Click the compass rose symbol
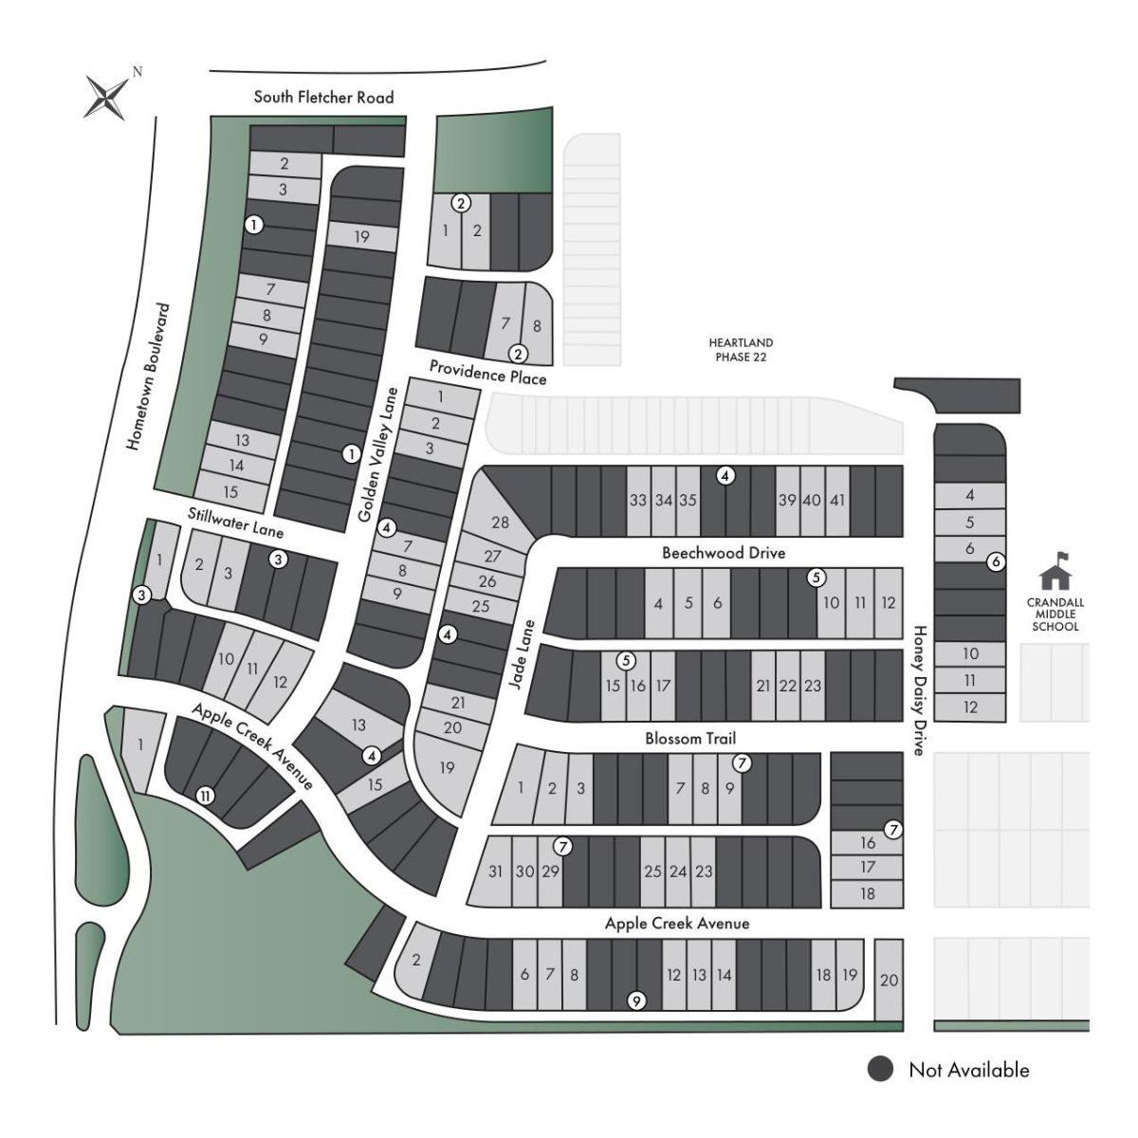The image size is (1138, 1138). pyautogui.click(x=107, y=96)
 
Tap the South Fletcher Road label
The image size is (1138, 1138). pyautogui.click(x=323, y=97)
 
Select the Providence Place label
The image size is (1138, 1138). pyautogui.click(x=487, y=372)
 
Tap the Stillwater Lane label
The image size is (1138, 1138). pyautogui.click(x=235, y=523)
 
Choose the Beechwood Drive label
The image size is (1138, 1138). pyautogui.click(x=724, y=553)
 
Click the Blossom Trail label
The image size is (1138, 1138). pyautogui.click(x=690, y=739)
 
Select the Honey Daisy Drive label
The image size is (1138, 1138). pyautogui.click(x=918, y=689)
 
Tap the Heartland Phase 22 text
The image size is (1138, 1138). pyautogui.click(x=741, y=349)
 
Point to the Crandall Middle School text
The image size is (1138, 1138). pyautogui.click(x=1055, y=615)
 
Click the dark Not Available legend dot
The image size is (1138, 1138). pyautogui.click(x=881, y=1070)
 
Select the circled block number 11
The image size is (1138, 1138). pyautogui.click(x=204, y=796)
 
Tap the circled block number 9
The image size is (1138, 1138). pyautogui.click(x=637, y=1000)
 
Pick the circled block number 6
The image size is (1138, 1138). pyautogui.click(x=995, y=561)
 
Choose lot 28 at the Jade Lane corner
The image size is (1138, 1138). pyautogui.click(x=500, y=523)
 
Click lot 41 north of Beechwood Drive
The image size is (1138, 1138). pyautogui.click(x=836, y=501)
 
